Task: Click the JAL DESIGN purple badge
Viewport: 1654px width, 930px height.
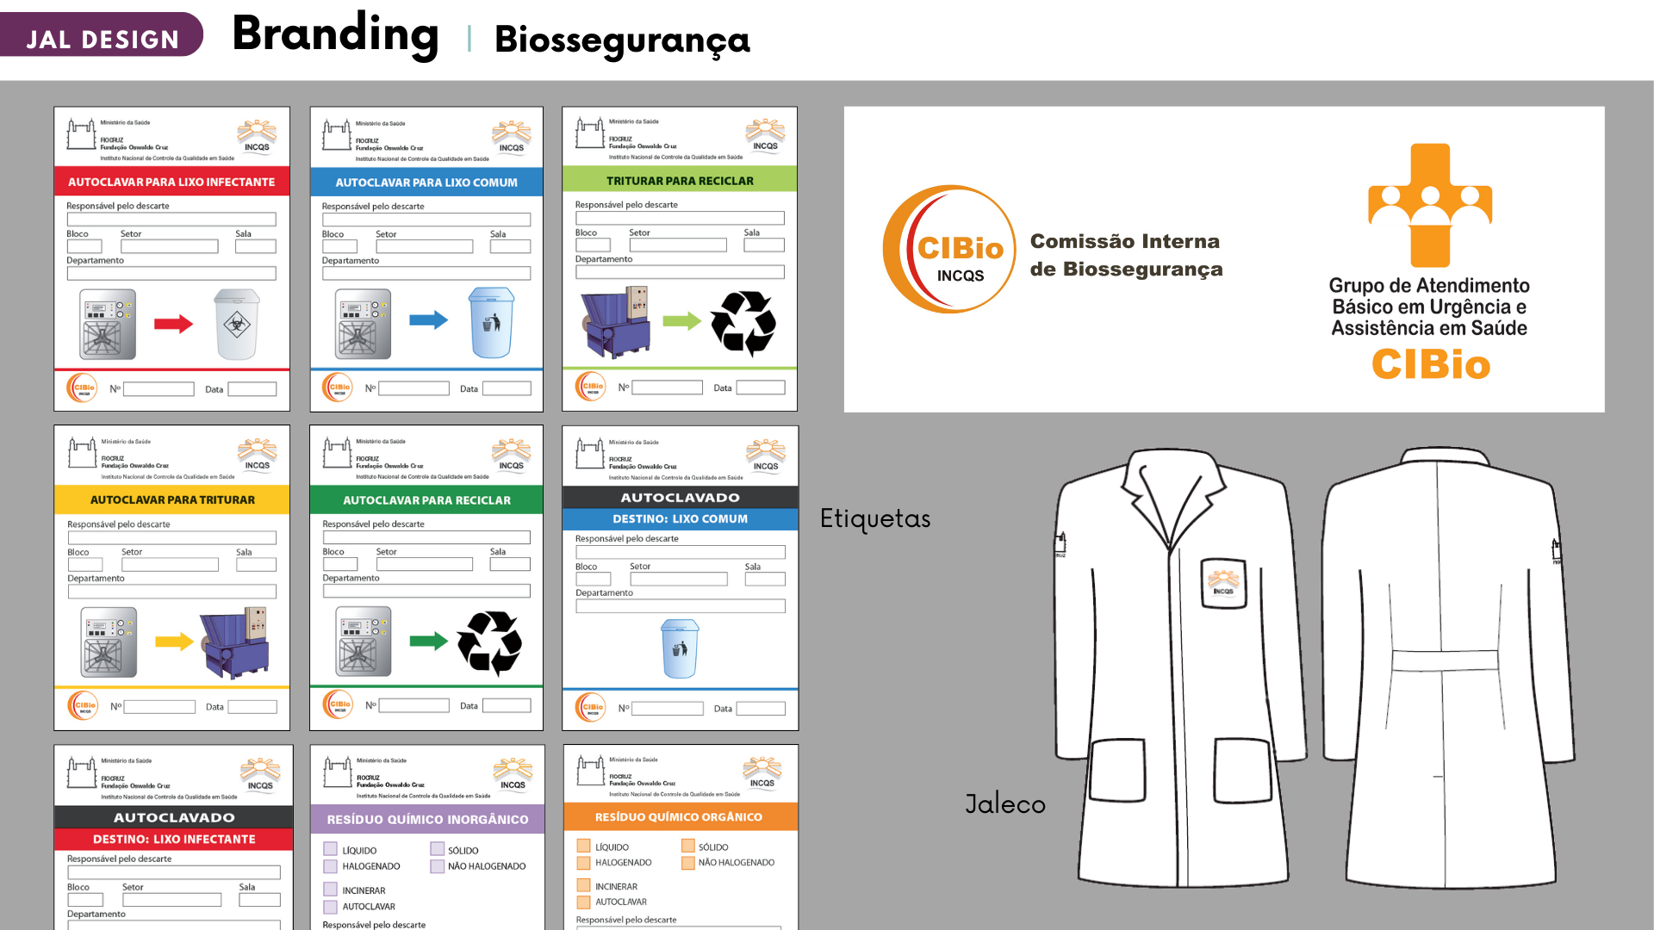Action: [x=102, y=37]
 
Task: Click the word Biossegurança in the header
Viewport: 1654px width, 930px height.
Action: [x=622, y=40]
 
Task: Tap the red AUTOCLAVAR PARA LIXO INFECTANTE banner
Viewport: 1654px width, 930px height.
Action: [x=171, y=182]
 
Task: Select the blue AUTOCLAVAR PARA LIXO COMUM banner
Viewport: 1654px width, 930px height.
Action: [x=426, y=183]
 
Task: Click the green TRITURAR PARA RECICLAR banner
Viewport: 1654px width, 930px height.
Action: [x=680, y=181]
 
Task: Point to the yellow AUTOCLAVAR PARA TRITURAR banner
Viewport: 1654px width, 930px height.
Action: [x=172, y=499]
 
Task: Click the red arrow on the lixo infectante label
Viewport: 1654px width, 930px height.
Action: [x=173, y=324]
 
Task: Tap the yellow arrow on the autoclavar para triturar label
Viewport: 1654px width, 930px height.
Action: [x=174, y=642]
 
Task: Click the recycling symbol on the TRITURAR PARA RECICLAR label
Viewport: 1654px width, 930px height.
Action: [x=743, y=323]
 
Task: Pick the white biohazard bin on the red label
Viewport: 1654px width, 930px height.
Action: [x=237, y=325]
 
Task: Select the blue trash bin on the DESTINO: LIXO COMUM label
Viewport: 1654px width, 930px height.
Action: [x=680, y=648]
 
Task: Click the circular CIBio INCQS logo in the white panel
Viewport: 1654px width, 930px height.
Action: [x=949, y=250]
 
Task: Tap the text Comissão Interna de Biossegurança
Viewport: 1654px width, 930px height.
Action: [x=1126, y=255]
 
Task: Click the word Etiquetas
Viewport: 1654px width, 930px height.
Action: [x=875, y=518]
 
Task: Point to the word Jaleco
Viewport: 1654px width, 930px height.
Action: [x=1005, y=803]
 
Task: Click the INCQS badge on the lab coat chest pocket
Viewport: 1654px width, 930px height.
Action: [x=1223, y=583]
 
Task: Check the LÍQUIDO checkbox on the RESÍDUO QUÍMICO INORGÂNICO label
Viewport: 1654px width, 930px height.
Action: [x=331, y=850]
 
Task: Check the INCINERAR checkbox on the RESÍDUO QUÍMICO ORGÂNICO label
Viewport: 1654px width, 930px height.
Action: [x=584, y=886]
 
